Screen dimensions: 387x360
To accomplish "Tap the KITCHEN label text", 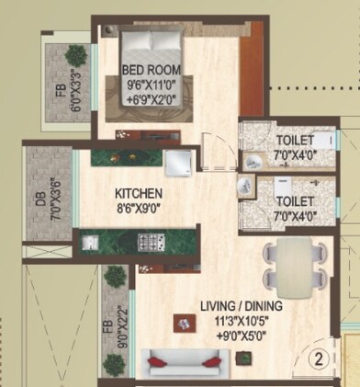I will [x=138, y=194].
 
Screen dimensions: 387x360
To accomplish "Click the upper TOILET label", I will [x=294, y=140].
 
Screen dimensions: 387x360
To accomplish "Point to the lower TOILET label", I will [x=294, y=199].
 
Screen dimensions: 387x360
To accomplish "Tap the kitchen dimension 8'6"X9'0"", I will [x=138, y=208].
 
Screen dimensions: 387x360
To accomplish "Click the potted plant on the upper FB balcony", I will [x=72, y=55].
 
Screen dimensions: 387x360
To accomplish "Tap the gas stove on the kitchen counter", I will [x=151, y=243].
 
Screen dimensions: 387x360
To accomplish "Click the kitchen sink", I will [x=91, y=244].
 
